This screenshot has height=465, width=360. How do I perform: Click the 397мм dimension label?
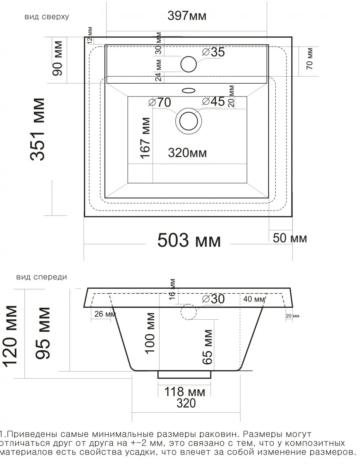pyautogui.click(x=187, y=16)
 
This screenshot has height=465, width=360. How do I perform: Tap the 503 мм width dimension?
pyautogui.click(x=189, y=240)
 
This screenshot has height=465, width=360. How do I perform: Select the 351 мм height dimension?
pyautogui.click(x=37, y=129)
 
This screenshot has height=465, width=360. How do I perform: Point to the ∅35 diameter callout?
pyautogui.click(x=213, y=52)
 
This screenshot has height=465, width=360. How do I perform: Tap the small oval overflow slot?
pyautogui.click(x=189, y=91)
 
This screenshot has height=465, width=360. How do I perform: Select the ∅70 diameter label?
pyautogui.click(x=160, y=102)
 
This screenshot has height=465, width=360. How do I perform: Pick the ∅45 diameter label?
pyautogui.click(x=213, y=102)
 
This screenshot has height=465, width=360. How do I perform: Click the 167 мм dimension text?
pyautogui.click(x=145, y=138)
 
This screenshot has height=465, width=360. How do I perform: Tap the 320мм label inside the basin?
pyautogui.click(x=187, y=153)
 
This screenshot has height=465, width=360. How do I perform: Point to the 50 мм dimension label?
pyautogui.click(x=290, y=238)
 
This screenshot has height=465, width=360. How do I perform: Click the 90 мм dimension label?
pyautogui.click(x=58, y=58)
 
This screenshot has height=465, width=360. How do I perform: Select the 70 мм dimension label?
pyautogui.click(x=310, y=59)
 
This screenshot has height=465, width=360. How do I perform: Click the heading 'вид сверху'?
pyautogui.click(x=47, y=17)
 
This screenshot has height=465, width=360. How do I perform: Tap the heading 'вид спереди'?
pyautogui.click(x=42, y=277)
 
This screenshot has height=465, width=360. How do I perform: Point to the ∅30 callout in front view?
pyautogui.click(x=213, y=299)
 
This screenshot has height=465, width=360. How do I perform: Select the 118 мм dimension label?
pyautogui.click(x=185, y=392)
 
